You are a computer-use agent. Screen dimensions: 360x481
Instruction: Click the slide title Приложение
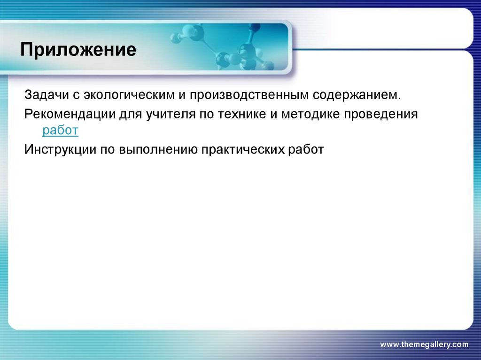78,50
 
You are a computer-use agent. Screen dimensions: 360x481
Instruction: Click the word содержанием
357,95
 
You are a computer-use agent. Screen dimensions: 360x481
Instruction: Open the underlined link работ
60,131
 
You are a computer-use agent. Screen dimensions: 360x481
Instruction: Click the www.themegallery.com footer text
424,345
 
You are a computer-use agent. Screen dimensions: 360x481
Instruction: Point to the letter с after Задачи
75,96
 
